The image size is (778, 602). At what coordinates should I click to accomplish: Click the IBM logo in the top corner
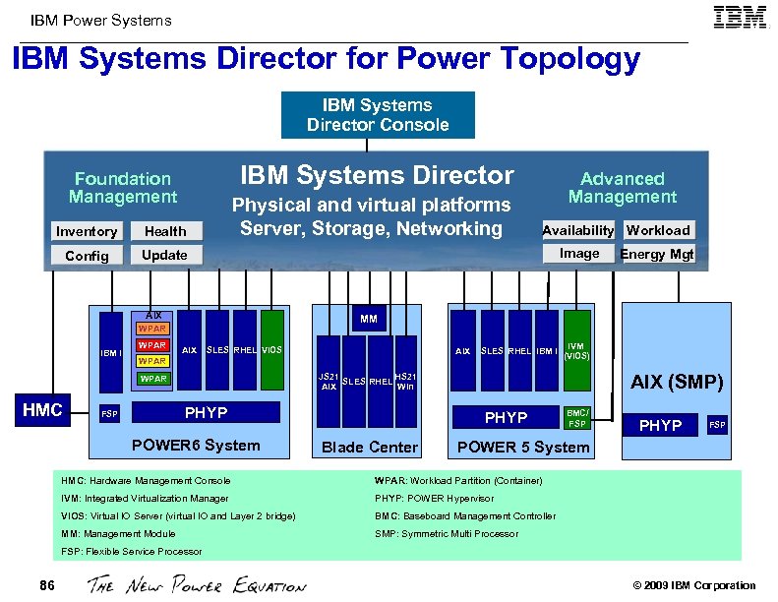pos(741,20)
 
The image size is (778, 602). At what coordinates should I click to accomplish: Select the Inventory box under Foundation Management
pos(87,231)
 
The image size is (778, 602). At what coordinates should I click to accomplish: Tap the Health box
pos(165,231)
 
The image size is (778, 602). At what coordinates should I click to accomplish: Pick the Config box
pos(87,255)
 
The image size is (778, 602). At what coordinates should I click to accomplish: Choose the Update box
pos(164,255)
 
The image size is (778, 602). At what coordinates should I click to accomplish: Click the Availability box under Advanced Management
pos(578,230)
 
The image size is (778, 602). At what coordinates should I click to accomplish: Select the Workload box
pos(658,230)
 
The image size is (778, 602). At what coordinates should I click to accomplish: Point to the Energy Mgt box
pos(657,254)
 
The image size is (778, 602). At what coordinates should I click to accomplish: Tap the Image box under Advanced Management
pos(579,254)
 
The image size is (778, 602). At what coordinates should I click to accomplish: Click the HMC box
pos(42,410)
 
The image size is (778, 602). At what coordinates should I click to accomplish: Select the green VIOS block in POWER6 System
pos(272,350)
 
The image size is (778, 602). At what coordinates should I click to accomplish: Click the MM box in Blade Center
pos(369,319)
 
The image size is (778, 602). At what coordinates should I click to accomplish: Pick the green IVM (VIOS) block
pos(577,350)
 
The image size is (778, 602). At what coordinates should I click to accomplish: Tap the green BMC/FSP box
pos(577,418)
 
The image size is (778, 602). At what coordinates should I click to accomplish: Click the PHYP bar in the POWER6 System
pos(206,413)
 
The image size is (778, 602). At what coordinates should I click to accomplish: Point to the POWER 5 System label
pos(523,447)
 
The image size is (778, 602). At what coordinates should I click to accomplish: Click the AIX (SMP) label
pos(677,382)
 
